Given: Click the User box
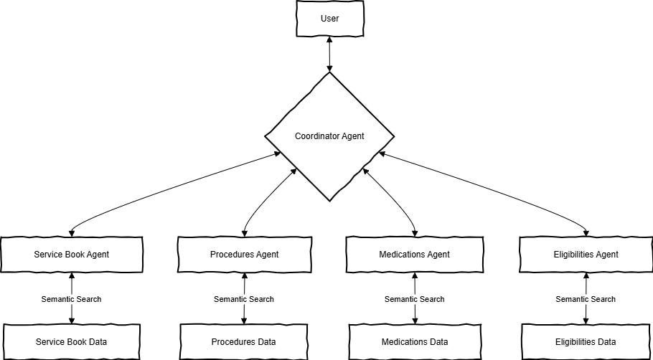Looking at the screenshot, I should [x=329, y=19].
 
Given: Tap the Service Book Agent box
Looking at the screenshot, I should [x=71, y=254].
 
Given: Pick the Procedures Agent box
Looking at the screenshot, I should [x=244, y=254].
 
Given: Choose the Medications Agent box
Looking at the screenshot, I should [x=414, y=254].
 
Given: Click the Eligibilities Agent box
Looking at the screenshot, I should [x=586, y=254].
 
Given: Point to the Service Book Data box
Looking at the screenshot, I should [x=71, y=341].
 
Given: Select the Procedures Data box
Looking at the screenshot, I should [x=244, y=341].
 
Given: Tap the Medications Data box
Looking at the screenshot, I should [x=414, y=341].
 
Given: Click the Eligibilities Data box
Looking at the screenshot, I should [x=586, y=341].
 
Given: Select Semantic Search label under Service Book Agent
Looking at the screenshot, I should [x=71, y=299].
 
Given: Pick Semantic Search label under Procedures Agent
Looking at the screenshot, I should [x=244, y=299].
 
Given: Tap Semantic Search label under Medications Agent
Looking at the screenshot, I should [x=414, y=299].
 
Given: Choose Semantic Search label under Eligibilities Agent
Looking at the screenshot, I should [x=586, y=299].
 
